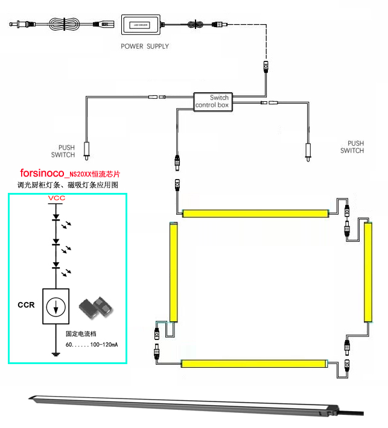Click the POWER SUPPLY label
145,46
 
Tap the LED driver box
142,25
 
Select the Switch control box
212,101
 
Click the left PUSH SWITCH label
67,151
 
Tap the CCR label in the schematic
26,305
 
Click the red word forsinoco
42,172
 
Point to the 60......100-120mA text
91,344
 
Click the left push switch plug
87,148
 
